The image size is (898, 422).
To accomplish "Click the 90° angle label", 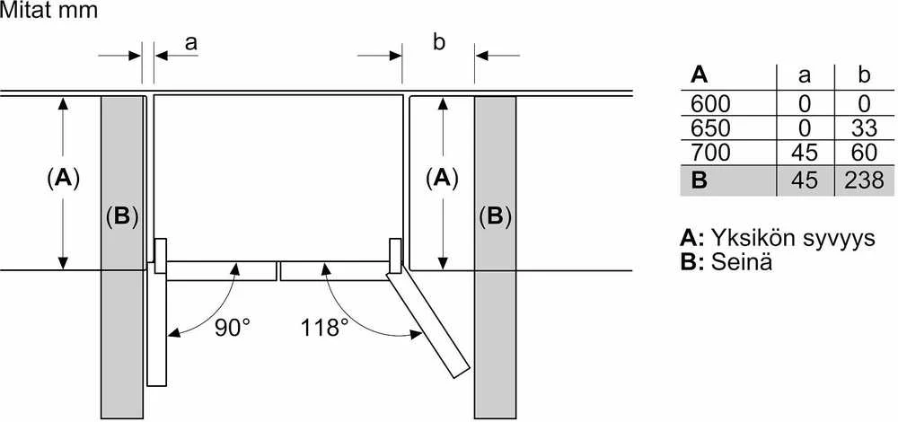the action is (233, 328).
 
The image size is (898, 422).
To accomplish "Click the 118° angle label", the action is (325, 328).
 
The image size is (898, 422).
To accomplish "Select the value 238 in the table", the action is (864, 180).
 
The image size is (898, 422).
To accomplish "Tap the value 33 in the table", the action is (864, 128).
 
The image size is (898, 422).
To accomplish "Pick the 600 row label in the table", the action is (710, 103).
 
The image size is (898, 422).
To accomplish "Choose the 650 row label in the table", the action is (710, 128).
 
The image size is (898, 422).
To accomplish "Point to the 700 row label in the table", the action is (710, 153).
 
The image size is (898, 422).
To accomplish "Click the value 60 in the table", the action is (864, 153).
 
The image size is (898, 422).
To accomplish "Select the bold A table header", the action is (700, 75).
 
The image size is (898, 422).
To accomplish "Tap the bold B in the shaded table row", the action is (700, 180).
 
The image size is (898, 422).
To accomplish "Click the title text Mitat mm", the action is (49, 11).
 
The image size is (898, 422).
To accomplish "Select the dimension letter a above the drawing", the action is (190, 42).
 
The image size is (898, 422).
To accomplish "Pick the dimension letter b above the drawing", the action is (439, 42).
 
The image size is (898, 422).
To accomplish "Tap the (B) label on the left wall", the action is (122, 216).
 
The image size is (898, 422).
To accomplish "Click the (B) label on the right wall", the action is (495, 216).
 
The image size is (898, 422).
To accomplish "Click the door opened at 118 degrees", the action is (427, 324).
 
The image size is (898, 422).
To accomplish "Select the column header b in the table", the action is (865, 75).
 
